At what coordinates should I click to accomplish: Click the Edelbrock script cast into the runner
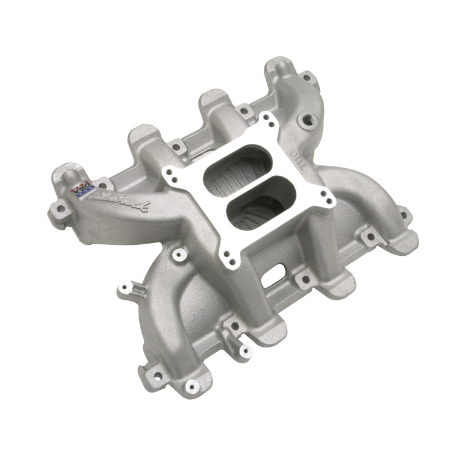(x=123, y=204)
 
